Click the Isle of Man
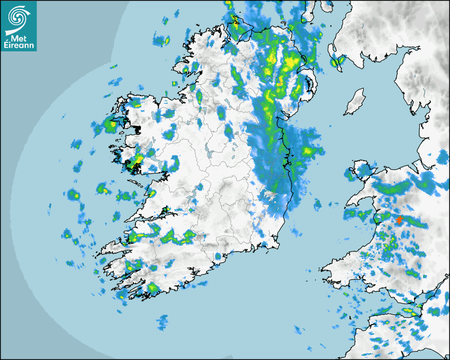(355, 102)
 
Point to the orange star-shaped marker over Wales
(398, 219)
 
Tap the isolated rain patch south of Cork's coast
(163, 320)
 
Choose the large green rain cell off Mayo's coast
(110, 126)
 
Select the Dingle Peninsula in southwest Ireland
(114, 248)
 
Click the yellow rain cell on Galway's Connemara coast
(137, 159)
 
